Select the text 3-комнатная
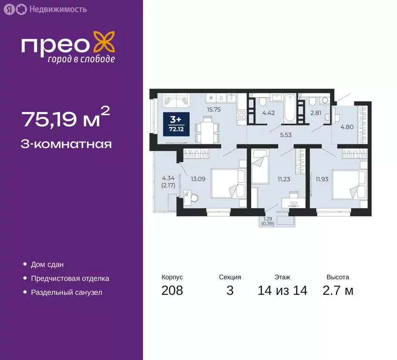click(x=67, y=143)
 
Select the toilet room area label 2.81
click(x=315, y=112)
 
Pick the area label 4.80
click(x=346, y=126)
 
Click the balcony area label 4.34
click(x=167, y=178)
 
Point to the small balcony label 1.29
click(x=267, y=218)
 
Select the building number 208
click(x=172, y=291)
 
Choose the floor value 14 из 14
click(x=283, y=291)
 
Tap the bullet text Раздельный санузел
click(x=67, y=292)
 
